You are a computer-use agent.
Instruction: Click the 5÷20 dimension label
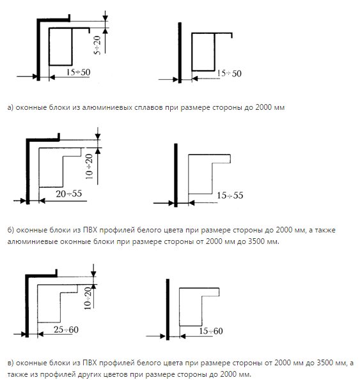[97, 45]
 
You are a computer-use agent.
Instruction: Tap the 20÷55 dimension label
[69, 194]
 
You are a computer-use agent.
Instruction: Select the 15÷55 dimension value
[230, 195]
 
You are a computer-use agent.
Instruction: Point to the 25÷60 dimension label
[66, 330]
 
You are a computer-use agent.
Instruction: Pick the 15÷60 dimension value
[211, 331]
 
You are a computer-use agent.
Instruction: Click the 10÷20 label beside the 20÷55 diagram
[90, 167]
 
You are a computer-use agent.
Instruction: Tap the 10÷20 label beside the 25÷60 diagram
[88, 298]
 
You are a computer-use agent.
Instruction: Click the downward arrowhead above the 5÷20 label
[106, 19]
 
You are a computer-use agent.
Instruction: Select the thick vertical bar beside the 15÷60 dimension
[168, 310]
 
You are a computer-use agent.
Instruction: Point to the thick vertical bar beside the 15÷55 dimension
[176, 175]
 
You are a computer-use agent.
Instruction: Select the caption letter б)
[11, 230]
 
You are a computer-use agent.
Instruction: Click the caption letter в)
[11, 363]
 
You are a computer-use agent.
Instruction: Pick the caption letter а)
[10, 107]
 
